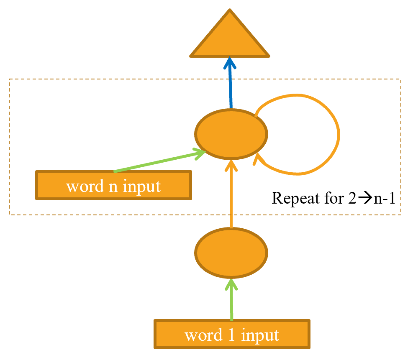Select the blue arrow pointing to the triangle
(230, 86)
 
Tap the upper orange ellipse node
(231, 134)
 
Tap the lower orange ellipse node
(231, 253)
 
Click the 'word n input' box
(113, 185)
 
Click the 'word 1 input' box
(232, 334)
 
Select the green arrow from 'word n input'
(159, 162)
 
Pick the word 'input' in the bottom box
(260, 335)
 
